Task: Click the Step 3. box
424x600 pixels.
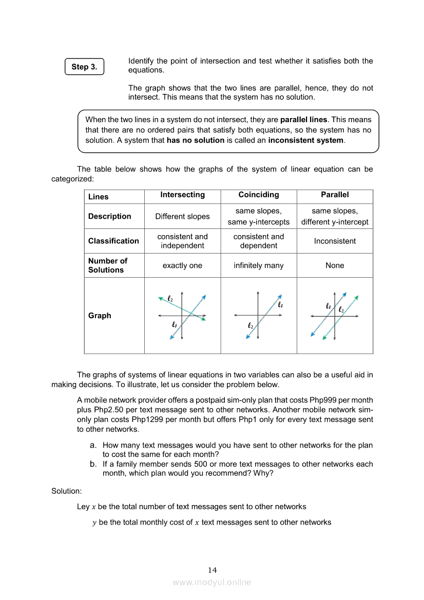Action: click(84, 67)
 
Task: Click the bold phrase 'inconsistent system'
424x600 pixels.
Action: click(305, 140)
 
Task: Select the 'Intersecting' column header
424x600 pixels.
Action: click(182, 195)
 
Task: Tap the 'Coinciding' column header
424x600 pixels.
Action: click(259, 195)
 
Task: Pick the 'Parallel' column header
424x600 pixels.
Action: click(335, 195)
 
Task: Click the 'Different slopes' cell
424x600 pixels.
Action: click(182, 216)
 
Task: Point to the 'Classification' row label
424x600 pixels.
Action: click(113, 241)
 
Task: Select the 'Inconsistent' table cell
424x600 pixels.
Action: click(335, 241)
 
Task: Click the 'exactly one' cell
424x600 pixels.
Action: click(182, 265)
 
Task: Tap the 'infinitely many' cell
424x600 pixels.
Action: click(259, 265)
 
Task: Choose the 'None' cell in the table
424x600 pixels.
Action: click(335, 265)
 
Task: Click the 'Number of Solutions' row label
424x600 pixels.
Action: click(108, 265)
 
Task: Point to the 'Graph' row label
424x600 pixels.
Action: click(100, 316)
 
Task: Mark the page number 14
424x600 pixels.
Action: click(213, 570)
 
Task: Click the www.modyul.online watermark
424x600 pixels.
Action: click(212, 583)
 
